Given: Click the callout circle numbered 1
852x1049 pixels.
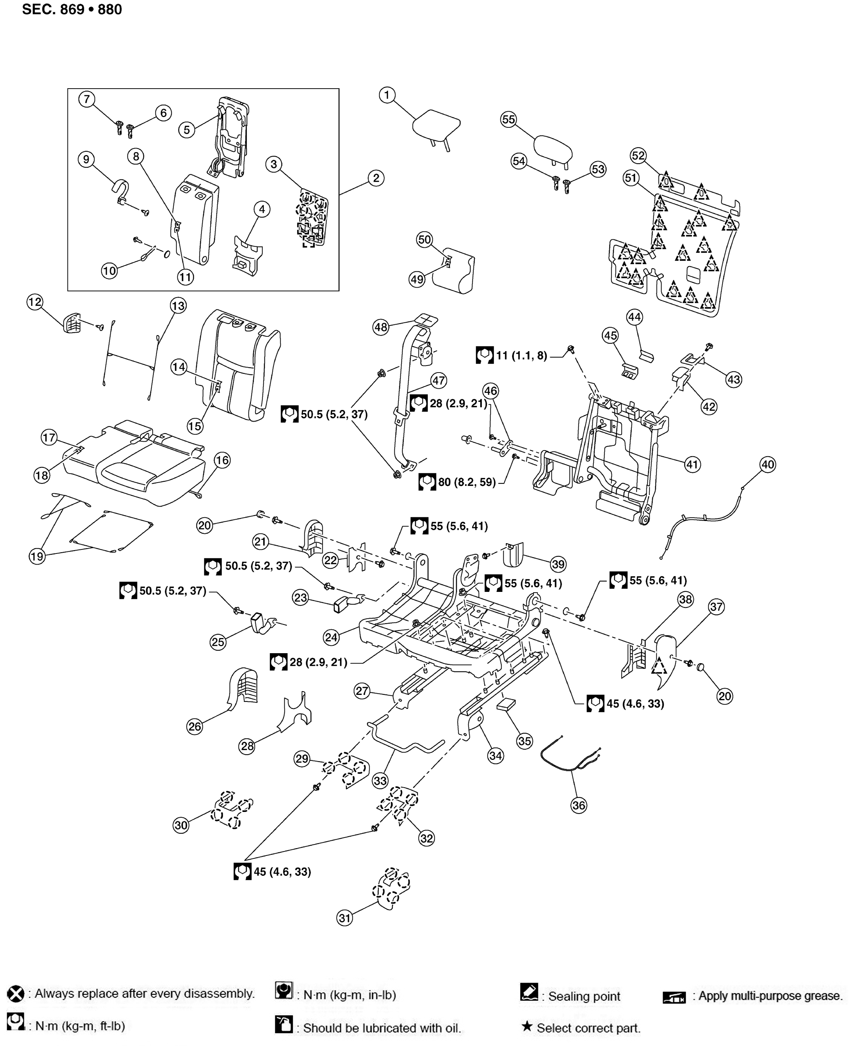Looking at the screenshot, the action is pyautogui.click(x=387, y=95).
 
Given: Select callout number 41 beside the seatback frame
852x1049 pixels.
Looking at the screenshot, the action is pyautogui.click(x=692, y=464).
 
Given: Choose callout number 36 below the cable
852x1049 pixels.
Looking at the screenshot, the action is pyautogui.click(x=579, y=805).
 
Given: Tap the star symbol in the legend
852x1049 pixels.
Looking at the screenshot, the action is pyautogui.click(x=527, y=1026).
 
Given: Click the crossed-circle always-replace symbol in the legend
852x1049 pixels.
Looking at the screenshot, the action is pyautogui.click(x=16, y=994).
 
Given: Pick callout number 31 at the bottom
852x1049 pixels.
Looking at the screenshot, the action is pyautogui.click(x=345, y=918).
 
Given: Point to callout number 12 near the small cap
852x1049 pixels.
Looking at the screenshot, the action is pyautogui.click(x=35, y=302).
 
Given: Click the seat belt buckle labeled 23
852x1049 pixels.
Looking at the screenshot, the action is pyautogui.click(x=349, y=601).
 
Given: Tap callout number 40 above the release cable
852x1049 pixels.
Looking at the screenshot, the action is pyautogui.click(x=767, y=464).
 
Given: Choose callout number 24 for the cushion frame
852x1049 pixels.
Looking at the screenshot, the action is pyautogui.click(x=332, y=637).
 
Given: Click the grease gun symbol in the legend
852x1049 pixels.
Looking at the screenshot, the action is pyautogui.click(x=674, y=997).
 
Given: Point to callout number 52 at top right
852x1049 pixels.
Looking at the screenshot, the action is pyautogui.click(x=638, y=155).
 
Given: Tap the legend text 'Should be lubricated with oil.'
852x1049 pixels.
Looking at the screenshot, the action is pyautogui.click(x=382, y=1028).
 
